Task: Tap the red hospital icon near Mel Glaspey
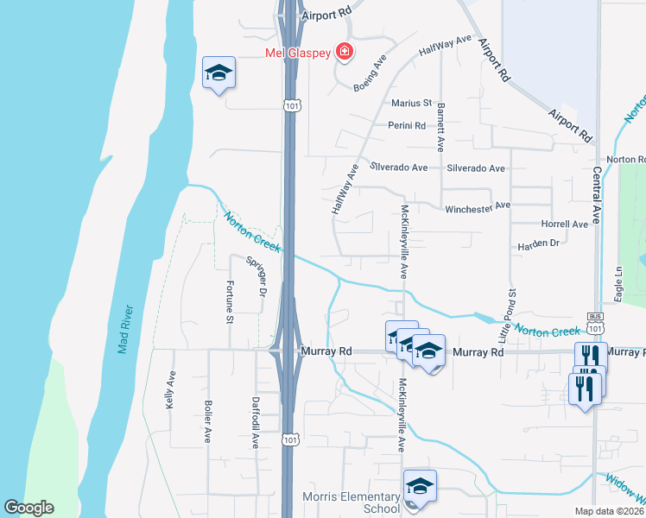(x=345, y=53)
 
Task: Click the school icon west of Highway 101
(x=218, y=73)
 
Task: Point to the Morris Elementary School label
(x=351, y=502)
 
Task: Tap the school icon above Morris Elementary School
(x=420, y=487)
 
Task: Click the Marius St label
(x=411, y=103)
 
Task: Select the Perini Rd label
(x=407, y=125)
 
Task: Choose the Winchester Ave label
(x=478, y=207)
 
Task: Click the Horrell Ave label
(x=564, y=224)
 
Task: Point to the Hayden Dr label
(x=538, y=243)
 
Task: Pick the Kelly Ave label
(x=170, y=389)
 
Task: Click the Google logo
(x=28, y=508)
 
